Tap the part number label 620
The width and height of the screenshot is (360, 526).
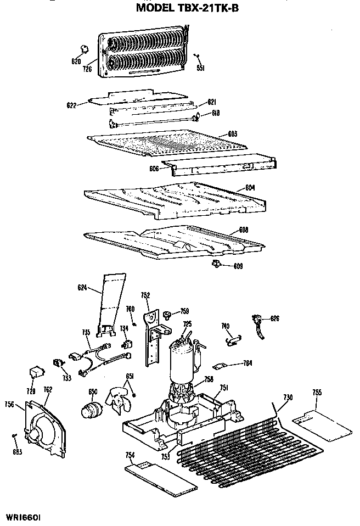[76, 61]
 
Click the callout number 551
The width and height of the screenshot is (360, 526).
[200, 68]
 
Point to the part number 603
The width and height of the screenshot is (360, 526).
[232, 133]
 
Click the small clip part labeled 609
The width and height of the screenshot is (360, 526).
[216, 265]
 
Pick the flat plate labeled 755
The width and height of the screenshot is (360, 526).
[320, 423]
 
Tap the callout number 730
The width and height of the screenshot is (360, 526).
[288, 397]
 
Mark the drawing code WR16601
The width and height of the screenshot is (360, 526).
[24, 517]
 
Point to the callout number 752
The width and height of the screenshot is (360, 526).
[145, 295]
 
